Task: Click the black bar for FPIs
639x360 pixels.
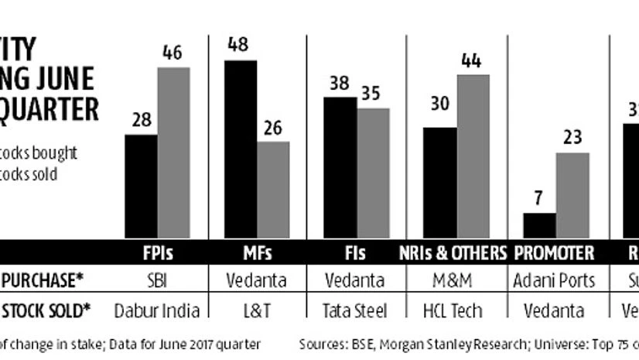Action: pyautogui.click(x=142, y=186)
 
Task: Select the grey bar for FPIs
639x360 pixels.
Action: pyautogui.click(x=174, y=153)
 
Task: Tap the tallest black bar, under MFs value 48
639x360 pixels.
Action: pyautogui.click(x=240, y=149)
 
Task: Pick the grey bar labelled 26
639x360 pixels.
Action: pyautogui.click(x=273, y=190)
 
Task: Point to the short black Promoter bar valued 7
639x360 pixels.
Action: pyautogui.click(x=539, y=225)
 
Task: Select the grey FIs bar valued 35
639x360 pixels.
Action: pyautogui.click(x=373, y=173)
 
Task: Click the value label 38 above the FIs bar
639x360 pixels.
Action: pyautogui.click(x=339, y=84)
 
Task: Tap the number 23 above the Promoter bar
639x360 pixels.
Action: pyautogui.click(x=572, y=139)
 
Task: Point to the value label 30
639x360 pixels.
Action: pyautogui.click(x=439, y=104)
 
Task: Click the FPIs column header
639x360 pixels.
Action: pyautogui.click(x=158, y=253)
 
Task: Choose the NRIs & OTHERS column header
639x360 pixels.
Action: pyautogui.click(x=453, y=253)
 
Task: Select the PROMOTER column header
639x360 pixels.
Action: pyautogui.click(x=555, y=253)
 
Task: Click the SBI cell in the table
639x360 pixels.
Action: pyautogui.click(x=157, y=281)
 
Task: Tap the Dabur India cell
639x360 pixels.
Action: pyautogui.click(x=157, y=310)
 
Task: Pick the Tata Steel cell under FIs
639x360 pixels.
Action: pyautogui.click(x=355, y=310)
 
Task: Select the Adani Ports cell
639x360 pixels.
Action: pyautogui.click(x=555, y=281)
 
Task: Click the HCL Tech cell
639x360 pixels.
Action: pyautogui.click(x=453, y=310)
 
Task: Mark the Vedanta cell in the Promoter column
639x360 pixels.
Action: pyautogui.click(x=555, y=310)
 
